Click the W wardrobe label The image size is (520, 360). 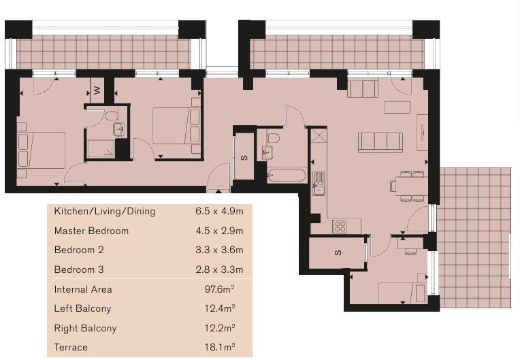click(97, 89)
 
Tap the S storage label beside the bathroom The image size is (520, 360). click(244, 158)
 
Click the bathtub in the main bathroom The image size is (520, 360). click(287, 176)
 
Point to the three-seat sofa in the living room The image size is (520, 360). click(380, 142)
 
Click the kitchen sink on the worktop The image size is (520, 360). click(319, 182)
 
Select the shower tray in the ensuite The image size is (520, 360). click(101, 148)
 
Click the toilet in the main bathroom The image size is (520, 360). click(273, 139)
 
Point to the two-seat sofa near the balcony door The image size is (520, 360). click(362, 88)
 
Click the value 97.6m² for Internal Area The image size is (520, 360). click(219, 289)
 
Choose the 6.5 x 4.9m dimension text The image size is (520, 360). click(219, 212)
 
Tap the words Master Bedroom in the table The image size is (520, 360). click(91, 231)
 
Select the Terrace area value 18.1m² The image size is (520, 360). click(219, 347)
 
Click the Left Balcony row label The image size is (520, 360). click(81, 308)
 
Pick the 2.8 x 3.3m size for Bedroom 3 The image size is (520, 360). click(219, 269)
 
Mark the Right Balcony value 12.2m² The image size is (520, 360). click(219, 328)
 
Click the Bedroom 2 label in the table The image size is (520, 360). click(79, 250)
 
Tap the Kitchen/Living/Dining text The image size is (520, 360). click(105, 212)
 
